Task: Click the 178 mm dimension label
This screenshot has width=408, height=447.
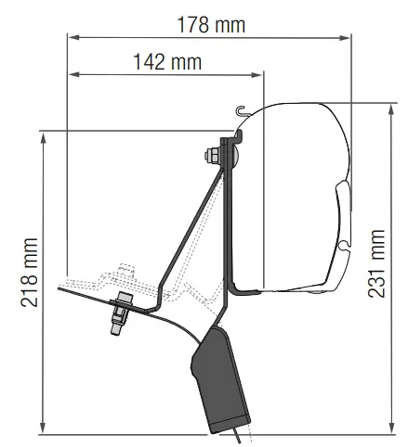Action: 211,25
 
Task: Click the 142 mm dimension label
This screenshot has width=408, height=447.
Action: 167,62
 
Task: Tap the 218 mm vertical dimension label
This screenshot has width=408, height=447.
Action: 30,273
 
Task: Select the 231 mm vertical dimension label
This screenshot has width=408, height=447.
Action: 376,263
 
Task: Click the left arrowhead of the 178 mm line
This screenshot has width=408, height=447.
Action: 73,37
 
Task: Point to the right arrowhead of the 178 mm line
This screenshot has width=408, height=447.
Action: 345,38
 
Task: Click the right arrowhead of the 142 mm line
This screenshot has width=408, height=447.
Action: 257,75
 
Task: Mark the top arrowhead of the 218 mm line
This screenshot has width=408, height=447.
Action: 44,138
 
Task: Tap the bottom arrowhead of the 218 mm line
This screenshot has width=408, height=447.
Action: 44,428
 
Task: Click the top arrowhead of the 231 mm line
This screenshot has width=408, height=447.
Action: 392,110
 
